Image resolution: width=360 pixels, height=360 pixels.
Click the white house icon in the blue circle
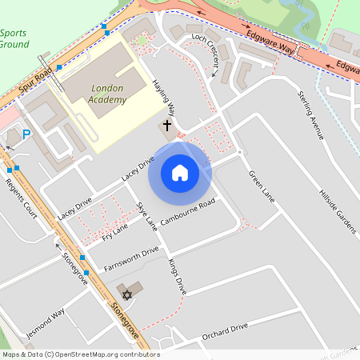(x=180, y=173)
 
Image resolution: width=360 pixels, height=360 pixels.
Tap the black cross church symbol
(x=168, y=126)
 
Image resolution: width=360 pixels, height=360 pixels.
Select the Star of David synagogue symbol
(x=126, y=294)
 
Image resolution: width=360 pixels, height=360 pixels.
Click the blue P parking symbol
(x=26, y=134)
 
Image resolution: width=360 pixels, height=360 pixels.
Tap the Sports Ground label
(x=14, y=38)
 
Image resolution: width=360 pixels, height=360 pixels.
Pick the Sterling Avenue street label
(x=310, y=116)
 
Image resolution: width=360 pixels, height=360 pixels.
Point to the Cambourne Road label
(x=188, y=212)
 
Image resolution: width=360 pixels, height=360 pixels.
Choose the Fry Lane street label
(x=115, y=233)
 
